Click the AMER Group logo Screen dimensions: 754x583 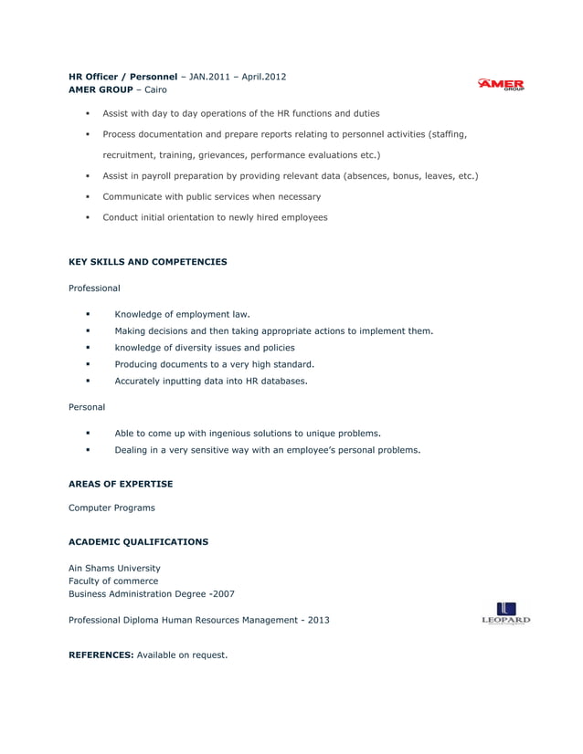coord(501,85)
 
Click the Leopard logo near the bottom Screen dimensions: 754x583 coord(505,613)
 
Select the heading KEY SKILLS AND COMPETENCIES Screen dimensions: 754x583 coord(148,262)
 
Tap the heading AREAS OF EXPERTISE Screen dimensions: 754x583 coord(121,484)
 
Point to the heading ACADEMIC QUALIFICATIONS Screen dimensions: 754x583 coord(138,542)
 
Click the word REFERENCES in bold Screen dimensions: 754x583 coord(101,655)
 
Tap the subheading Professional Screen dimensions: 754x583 coord(94,288)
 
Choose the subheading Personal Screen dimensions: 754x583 coord(87,406)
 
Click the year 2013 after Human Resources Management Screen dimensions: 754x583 coord(319,621)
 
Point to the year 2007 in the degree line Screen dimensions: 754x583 coord(222,594)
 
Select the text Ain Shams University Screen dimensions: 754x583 coord(114,568)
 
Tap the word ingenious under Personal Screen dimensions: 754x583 coord(232,433)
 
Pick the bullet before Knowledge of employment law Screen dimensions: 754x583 coord(89,314)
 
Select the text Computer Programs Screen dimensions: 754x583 coord(111,508)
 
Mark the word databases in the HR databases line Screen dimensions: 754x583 coord(282,381)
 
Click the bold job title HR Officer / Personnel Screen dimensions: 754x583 coord(122,77)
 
